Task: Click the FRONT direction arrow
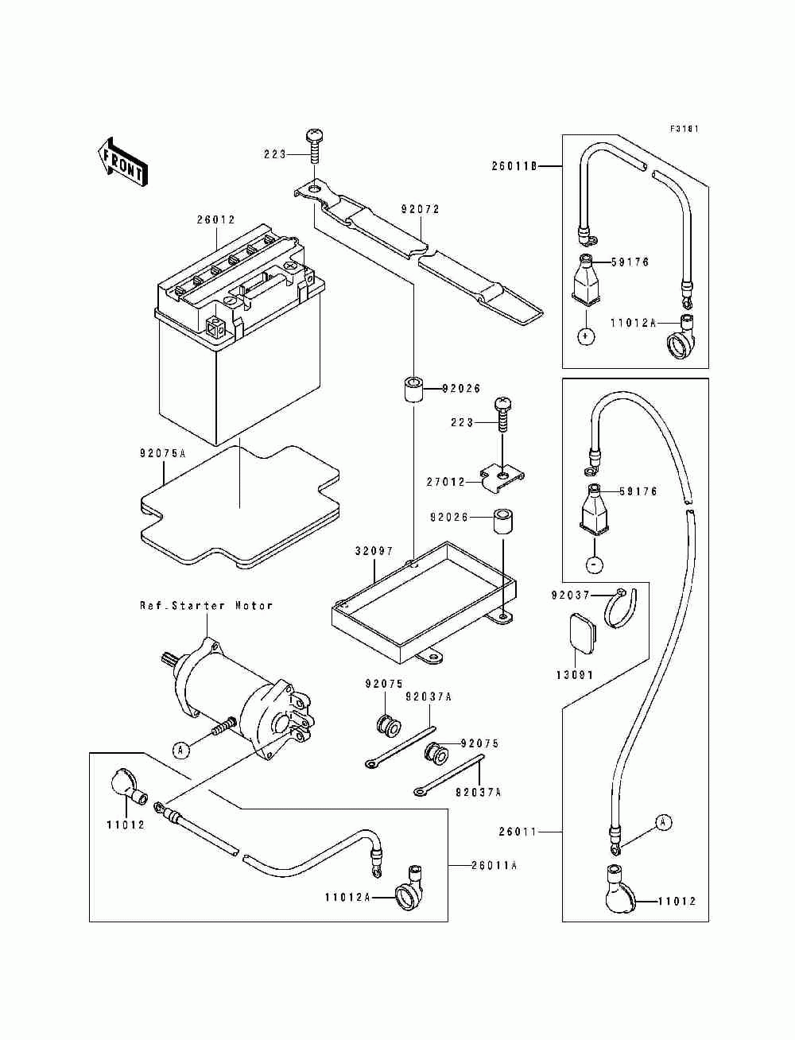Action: (122, 165)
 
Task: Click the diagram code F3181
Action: (684, 129)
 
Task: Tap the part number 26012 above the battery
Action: (215, 219)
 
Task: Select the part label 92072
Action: (421, 209)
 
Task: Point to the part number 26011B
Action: (514, 167)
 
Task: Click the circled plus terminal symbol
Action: (587, 336)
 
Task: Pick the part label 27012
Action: (445, 483)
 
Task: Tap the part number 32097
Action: (374, 551)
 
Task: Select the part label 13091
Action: (575, 676)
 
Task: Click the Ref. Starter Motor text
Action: (206, 606)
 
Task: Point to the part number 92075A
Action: (162, 453)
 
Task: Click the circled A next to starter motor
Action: (180, 750)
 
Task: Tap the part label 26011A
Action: (494, 866)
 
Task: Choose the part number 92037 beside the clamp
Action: (571, 595)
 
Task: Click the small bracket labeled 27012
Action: (502, 479)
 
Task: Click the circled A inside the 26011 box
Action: (663, 823)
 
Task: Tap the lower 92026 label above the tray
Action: (449, 518)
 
